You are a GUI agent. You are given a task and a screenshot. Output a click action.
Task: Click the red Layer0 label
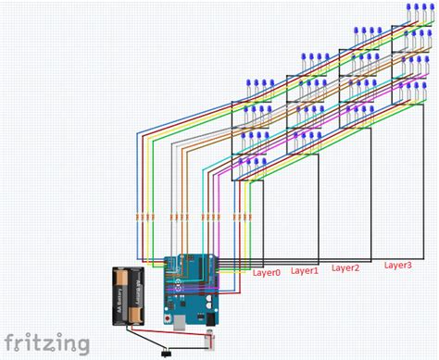(x=265, y=272)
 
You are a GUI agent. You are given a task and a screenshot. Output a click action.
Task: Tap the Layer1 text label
(x=304, y=270)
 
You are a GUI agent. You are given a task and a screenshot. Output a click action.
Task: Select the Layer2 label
(x=345, y=268)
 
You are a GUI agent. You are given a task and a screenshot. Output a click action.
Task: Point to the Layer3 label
(x=397, y=265)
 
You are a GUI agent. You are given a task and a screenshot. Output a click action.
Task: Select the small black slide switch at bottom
(x=168, y=351)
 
